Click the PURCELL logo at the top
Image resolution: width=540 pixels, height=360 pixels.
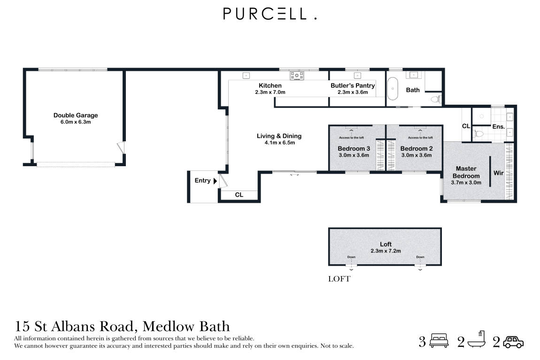point(270,14)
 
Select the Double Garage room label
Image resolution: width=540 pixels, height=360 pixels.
point(76,115)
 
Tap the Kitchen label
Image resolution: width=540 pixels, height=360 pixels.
point(270,85)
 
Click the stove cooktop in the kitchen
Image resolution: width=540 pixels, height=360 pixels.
point(297,75)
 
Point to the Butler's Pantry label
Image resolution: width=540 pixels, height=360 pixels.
point(353,85)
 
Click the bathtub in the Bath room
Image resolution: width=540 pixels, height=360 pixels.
point(393,89)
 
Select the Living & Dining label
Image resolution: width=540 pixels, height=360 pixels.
point(279,136)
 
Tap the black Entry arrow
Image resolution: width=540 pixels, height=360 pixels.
point(215,181)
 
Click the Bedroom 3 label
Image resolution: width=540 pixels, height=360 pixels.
point(353,149)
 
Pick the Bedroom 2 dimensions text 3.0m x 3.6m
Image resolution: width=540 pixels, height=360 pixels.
point(416,155)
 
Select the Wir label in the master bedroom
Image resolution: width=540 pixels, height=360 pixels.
point(498,173)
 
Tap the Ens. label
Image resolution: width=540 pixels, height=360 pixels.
point(498,126)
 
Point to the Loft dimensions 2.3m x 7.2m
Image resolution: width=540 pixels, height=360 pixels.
point(385,251)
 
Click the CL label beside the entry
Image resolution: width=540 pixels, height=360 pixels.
point(239,195)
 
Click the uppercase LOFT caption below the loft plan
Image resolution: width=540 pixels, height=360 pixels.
point(339,279)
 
